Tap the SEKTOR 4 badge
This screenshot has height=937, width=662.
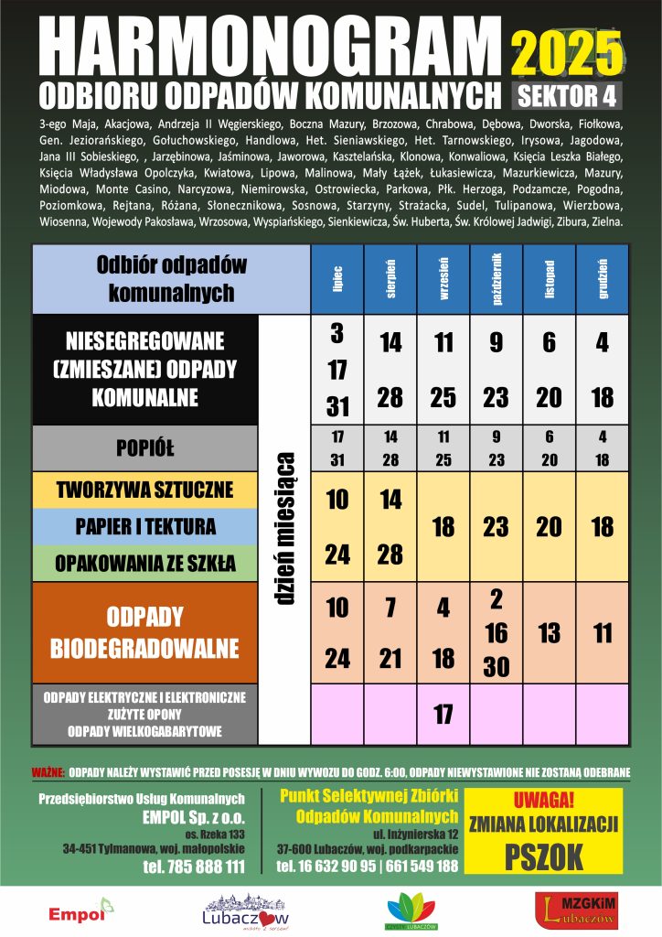[568, 95]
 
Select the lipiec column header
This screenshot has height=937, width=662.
[337, 279]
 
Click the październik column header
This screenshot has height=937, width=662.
[496, 279]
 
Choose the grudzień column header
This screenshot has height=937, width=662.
[603, 279]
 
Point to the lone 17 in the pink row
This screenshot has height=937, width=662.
[443, 714]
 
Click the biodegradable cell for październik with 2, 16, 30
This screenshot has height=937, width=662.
[496, 633]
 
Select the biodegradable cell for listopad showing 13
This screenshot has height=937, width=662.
[550, 633]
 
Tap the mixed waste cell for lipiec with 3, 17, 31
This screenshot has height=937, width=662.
[337, 370]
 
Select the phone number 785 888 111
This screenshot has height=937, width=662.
[193, 867]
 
